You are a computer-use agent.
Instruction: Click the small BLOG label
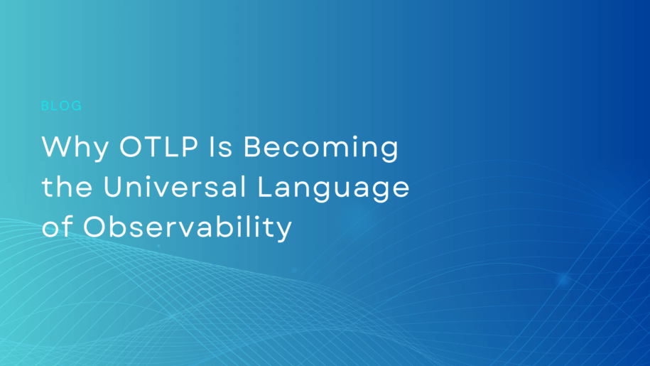point(62,106)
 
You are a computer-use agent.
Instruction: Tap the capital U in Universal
point(114,188)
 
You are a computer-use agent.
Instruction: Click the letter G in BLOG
point(77,106)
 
